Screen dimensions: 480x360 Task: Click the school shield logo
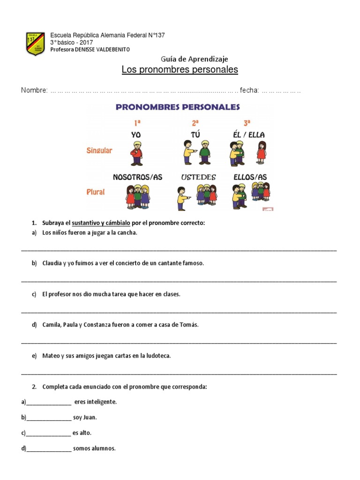coord(35,44)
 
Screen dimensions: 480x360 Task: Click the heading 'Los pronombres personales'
coord(180,70)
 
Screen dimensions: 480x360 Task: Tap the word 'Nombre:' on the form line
coord(34,90)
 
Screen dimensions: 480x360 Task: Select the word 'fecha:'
coord(249,90)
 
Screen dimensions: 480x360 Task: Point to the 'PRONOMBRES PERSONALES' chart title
coord(178,107)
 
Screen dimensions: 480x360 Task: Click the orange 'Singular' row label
coord(99,150)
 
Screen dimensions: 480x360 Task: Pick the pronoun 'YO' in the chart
coord(136,135)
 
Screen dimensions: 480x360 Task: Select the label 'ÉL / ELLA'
coord(248,135)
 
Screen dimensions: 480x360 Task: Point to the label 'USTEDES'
coord(198,177)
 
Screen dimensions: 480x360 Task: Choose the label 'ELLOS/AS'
coord(250,177)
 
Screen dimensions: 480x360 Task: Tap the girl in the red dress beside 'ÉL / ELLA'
coord(261,152)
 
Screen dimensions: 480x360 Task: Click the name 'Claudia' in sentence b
coord(52,263)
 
